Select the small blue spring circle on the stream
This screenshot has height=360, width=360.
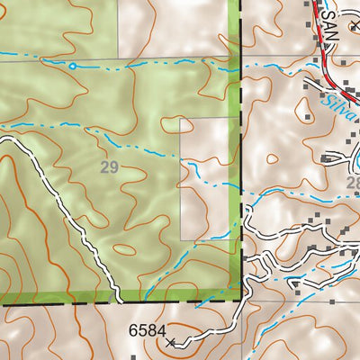[72, 65]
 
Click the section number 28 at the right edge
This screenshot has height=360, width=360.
[352, 183]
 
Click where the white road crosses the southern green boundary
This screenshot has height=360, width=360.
[117, 296]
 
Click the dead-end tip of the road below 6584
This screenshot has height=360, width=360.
[177, 345]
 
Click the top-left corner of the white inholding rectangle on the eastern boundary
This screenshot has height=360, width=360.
[182, 118]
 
